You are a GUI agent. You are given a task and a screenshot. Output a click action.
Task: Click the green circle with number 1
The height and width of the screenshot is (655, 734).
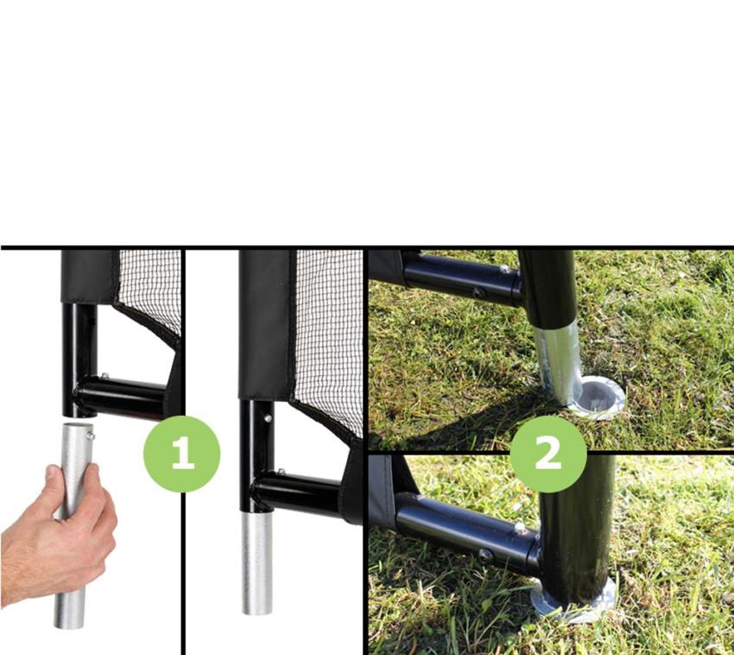(181, 454)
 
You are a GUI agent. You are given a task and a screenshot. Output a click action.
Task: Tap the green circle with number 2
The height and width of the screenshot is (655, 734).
(548, 454)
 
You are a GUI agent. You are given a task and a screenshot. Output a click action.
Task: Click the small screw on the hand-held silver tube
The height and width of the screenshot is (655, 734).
(91, 436)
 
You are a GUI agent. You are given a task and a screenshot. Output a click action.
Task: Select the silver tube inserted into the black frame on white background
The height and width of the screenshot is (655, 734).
(256, 563)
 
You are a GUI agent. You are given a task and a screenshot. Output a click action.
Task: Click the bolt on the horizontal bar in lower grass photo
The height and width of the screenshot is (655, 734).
(520, 529)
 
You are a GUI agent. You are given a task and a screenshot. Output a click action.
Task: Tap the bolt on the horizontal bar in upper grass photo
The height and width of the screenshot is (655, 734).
(504, 270)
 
